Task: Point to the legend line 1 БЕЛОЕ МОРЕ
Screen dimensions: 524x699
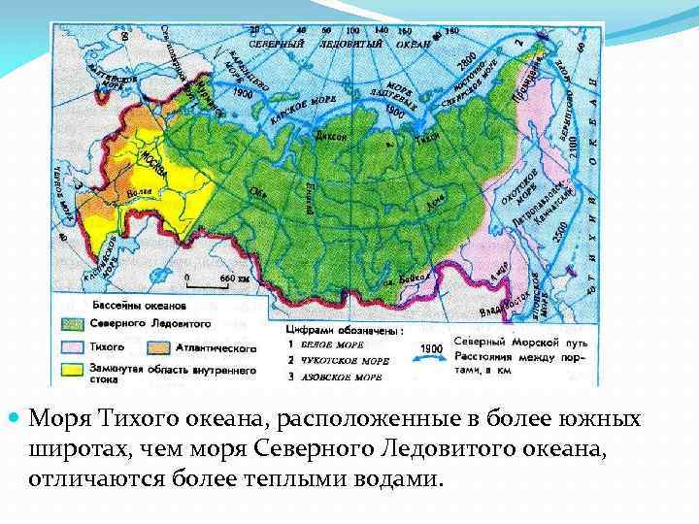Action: pyautogui.click(x=330, y=344)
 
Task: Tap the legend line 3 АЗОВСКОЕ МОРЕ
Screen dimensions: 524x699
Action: pyautogui.click(x=336, y=375)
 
